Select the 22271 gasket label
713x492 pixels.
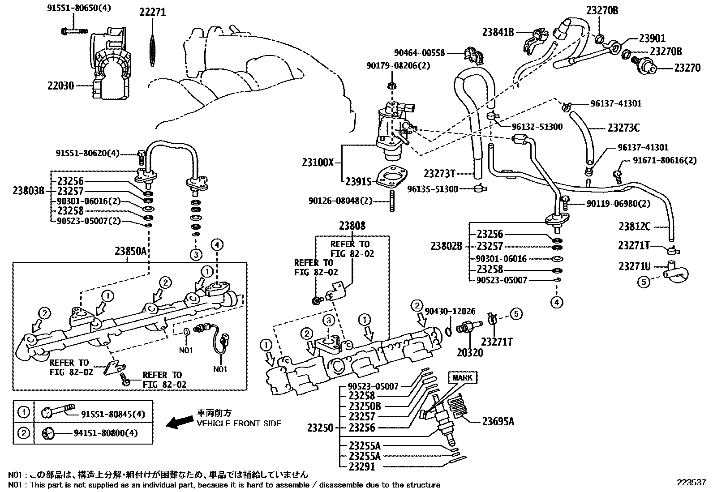[152, 13]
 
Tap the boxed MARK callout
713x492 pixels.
[462, 377]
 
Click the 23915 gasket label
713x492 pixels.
[358, 182]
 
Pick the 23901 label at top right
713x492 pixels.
[652, 39]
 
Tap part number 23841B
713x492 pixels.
[498, 32]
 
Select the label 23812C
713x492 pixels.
[634, 227]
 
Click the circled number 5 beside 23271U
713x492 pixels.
[643, 282]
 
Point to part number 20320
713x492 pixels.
[470, 353]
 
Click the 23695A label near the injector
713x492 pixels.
[498, 421]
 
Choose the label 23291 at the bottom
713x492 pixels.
[362, 467]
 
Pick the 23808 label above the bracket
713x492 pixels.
[352, 226]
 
